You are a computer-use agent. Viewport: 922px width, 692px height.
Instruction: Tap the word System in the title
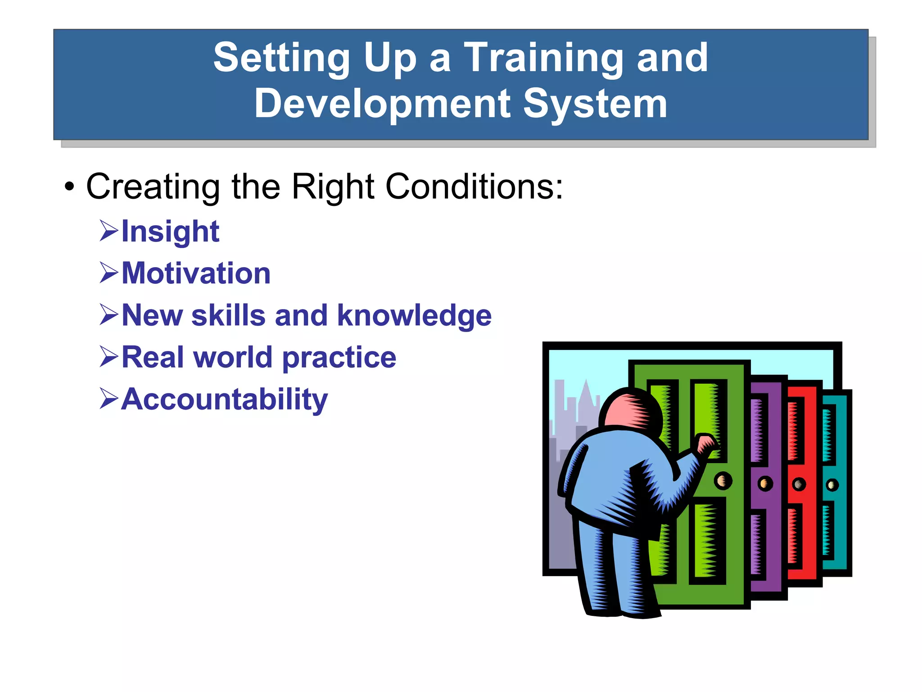595,104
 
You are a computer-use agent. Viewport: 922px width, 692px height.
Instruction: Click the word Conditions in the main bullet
474,187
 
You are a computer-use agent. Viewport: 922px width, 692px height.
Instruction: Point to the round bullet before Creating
69,187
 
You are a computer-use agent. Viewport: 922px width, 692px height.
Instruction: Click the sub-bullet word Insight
170,232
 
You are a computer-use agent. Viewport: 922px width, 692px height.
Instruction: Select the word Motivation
196,273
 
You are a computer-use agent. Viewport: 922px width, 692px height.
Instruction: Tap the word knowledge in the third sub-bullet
414,315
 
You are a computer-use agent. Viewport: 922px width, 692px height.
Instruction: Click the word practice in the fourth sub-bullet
339,358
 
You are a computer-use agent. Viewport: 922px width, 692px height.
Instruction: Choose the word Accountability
224,400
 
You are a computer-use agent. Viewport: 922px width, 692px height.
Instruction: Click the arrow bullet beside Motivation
108,273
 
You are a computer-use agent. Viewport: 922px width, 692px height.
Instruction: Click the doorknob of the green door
723,481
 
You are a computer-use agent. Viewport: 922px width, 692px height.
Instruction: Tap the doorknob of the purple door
765,484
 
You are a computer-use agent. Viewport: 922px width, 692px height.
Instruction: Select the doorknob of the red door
799,485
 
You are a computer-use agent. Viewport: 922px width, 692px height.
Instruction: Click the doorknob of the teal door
832,485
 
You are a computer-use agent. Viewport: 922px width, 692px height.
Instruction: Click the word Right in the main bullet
333,187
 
